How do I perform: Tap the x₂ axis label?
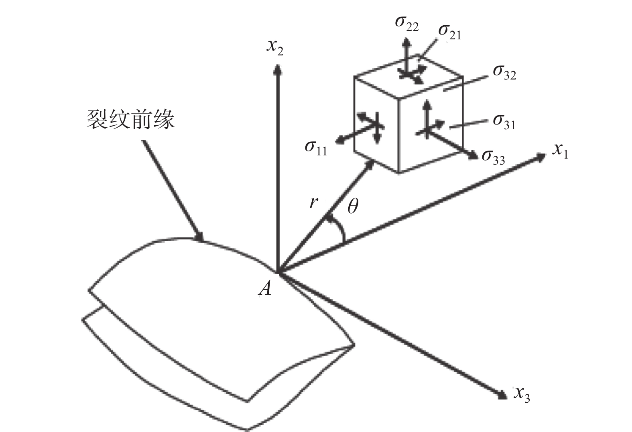[275, 47]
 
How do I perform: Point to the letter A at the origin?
[265, 288]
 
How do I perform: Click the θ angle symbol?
[352, 206]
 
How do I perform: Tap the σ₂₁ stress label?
[449, 32]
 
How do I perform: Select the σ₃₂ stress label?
[504, 72]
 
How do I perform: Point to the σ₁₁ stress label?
[316, 147]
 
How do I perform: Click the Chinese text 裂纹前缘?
[131, 119]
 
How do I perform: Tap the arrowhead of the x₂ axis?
[276, 70]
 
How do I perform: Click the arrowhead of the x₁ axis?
[541, 157]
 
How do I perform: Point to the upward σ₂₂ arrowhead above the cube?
[406, 41]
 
